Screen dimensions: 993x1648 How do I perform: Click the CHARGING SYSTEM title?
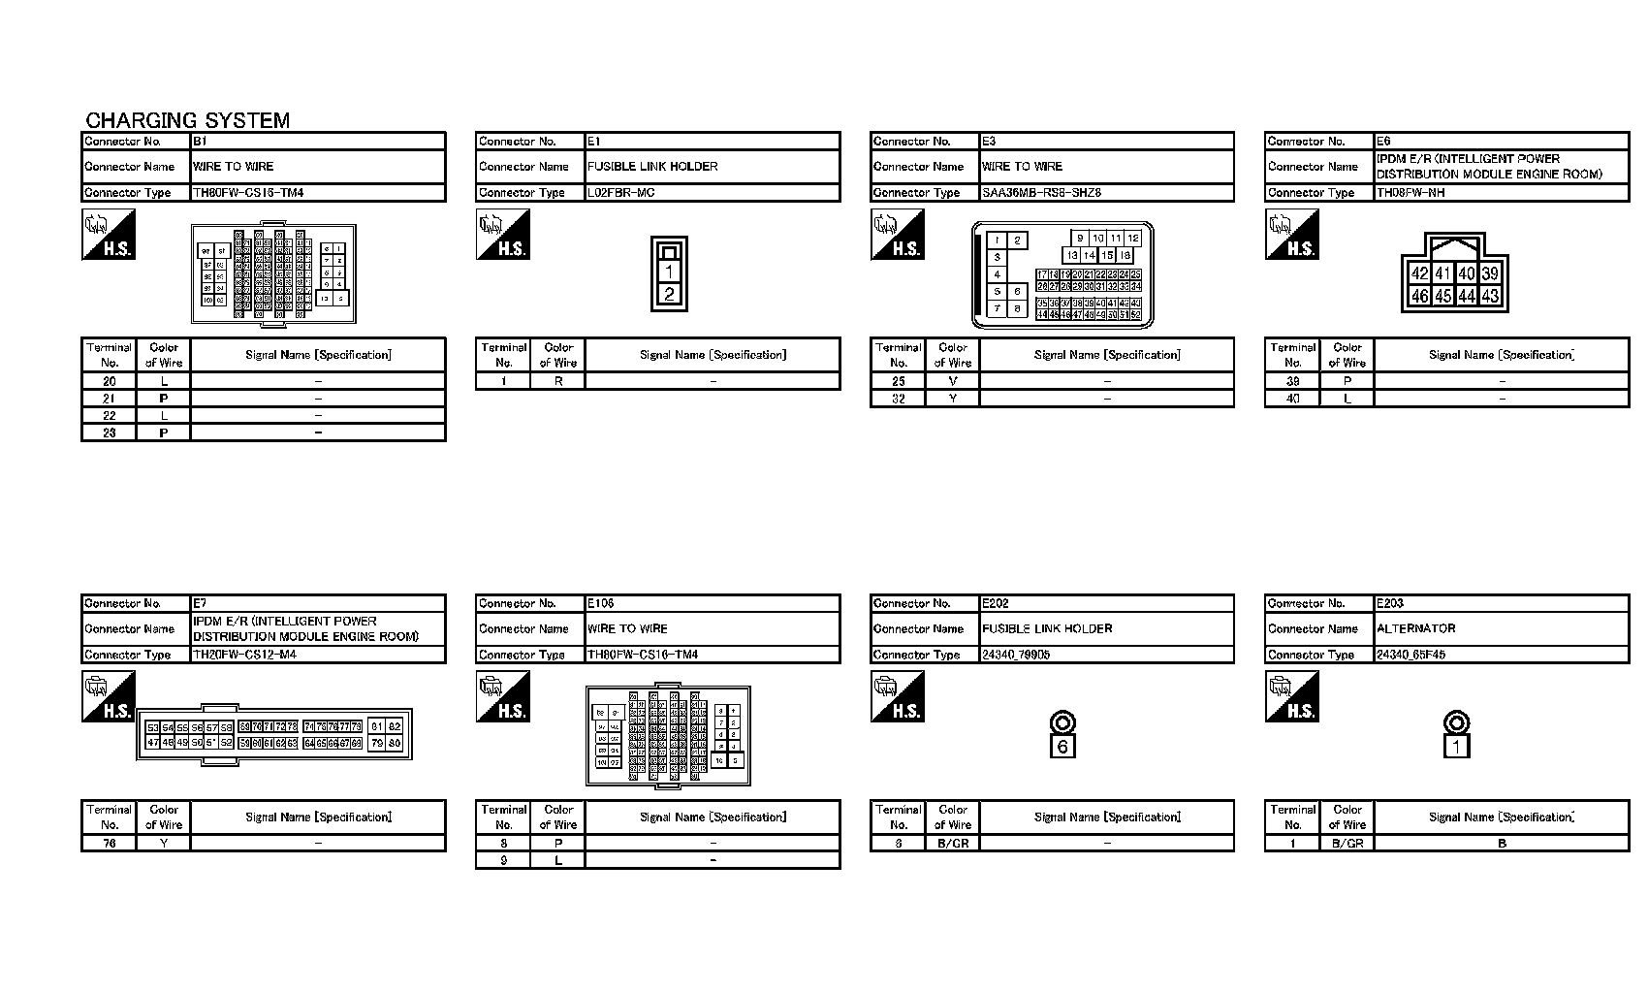click(187, 120)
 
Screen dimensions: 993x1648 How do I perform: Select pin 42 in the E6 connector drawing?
click(1420, 274)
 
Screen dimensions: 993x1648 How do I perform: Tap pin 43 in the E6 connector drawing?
click(1490, 296)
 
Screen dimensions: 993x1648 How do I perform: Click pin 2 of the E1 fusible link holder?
click(669, 294)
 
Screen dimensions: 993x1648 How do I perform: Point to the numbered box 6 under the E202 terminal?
click(1062, 746)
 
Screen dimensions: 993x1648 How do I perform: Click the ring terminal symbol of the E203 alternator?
click(1456, 722)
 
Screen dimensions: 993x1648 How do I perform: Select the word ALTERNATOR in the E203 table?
click(1416, 628)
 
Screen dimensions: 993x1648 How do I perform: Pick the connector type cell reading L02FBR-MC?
click(621, 193)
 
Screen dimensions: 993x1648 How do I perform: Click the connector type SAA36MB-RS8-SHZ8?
click(1041, 193)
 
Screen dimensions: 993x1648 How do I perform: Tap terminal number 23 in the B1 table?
click(110, 432)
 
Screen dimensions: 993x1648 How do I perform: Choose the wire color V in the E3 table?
click(953, 381)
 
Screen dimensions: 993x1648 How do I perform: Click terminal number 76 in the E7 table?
click(110, 844)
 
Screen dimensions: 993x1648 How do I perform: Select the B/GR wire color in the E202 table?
click(953, 844)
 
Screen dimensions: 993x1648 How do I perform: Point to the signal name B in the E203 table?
click(1502, 844)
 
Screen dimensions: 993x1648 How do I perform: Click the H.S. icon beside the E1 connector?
click(502, 236)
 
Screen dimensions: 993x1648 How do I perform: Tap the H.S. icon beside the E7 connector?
click(108, 698)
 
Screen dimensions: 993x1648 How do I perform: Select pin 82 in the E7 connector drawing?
click(395, 727)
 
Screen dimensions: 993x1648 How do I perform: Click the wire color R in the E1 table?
click(558, 381)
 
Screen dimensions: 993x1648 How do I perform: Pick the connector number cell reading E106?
click(601, 603)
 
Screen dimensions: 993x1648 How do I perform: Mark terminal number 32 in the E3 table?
click(899, 399)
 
